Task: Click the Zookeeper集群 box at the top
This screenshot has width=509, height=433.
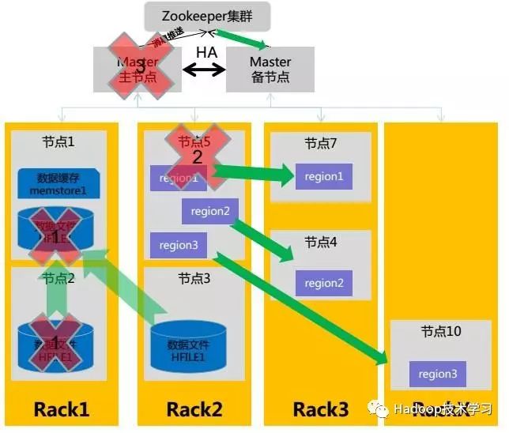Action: point(207,16)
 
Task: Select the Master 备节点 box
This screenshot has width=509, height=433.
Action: point(270,70)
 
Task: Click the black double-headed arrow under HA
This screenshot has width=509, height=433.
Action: point(205,70)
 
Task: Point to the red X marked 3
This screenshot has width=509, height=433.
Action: point(139,67)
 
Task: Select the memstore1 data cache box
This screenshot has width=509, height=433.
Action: point(58,183)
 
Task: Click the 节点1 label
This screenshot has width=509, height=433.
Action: point(58,143)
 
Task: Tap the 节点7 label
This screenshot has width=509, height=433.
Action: point(321,144)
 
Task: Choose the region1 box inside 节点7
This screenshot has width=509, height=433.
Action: point(324,176)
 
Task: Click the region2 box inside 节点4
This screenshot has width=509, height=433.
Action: point(324,283)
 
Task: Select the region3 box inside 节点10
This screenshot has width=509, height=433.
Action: point(437,374)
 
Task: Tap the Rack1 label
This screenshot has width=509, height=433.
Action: point(61,409)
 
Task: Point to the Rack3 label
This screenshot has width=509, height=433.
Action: point(320,409)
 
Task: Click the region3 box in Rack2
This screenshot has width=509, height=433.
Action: point(178,245)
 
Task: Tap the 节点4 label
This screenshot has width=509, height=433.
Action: point(321,243)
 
